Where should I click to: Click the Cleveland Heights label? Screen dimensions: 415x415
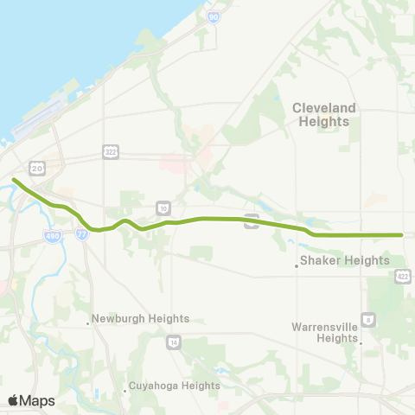click(324, 114)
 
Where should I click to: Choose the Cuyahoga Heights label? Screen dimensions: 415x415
click(174, 386)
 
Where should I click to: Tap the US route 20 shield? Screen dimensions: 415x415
click(36, 168)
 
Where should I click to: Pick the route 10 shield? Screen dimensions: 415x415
click(163, 207)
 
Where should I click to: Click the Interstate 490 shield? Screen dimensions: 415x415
click(53, 235)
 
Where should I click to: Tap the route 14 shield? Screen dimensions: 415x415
click(174, 342)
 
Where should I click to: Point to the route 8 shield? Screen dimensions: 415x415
click(370, 320)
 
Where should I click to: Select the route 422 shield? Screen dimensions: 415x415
click(403, 275)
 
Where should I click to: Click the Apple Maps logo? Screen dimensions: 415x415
click(31, 400)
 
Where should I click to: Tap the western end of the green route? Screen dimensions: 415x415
click(14, 180)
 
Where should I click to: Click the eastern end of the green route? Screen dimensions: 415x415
click(402, 234)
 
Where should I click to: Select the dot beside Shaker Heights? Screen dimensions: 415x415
click(297, 266)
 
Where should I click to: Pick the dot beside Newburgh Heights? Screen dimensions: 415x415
click(88, 323)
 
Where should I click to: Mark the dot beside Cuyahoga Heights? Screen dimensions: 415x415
click(125, 392)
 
